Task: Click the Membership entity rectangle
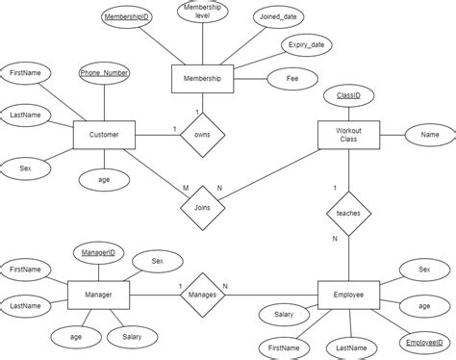click(x=202, y=79)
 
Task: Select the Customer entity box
click(x=103, y=136)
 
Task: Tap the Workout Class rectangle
click(x=348, y=136)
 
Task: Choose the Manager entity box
click(x=99, y=293)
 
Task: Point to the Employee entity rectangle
click(x=348, y=294)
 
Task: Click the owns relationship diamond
click(x=202, y=135)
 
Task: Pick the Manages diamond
click(x=202, y=293)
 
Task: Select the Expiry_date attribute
click(x=305, y=45)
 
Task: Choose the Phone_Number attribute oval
click(x=104, y=73)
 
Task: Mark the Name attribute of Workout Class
click(x=429, y=136)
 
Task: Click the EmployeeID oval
click(x=423, y=342)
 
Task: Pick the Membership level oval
click(x=202, y=13)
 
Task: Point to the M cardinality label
click(x=173, y=188)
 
